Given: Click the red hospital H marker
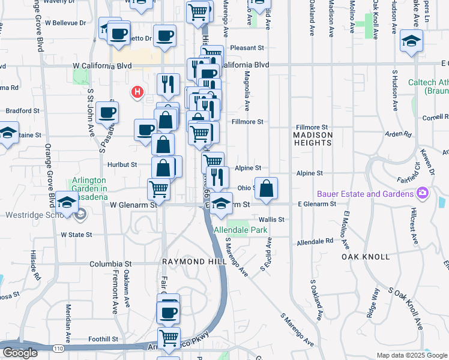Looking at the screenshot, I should [137, 92].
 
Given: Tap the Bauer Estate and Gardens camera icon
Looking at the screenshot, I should [423, 194].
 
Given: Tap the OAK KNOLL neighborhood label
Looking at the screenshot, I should [366, 256].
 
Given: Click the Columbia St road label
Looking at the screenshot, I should [110, 263].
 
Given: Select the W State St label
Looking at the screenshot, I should [76, 235].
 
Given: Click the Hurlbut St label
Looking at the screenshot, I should [122, 164].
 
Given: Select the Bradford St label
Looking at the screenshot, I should [22, 111].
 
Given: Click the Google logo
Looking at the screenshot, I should [20, 352].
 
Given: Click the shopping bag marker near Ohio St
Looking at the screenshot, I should [267, 188].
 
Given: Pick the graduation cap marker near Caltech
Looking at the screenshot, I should [411, 41].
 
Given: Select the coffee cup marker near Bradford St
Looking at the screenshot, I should [107, 112].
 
